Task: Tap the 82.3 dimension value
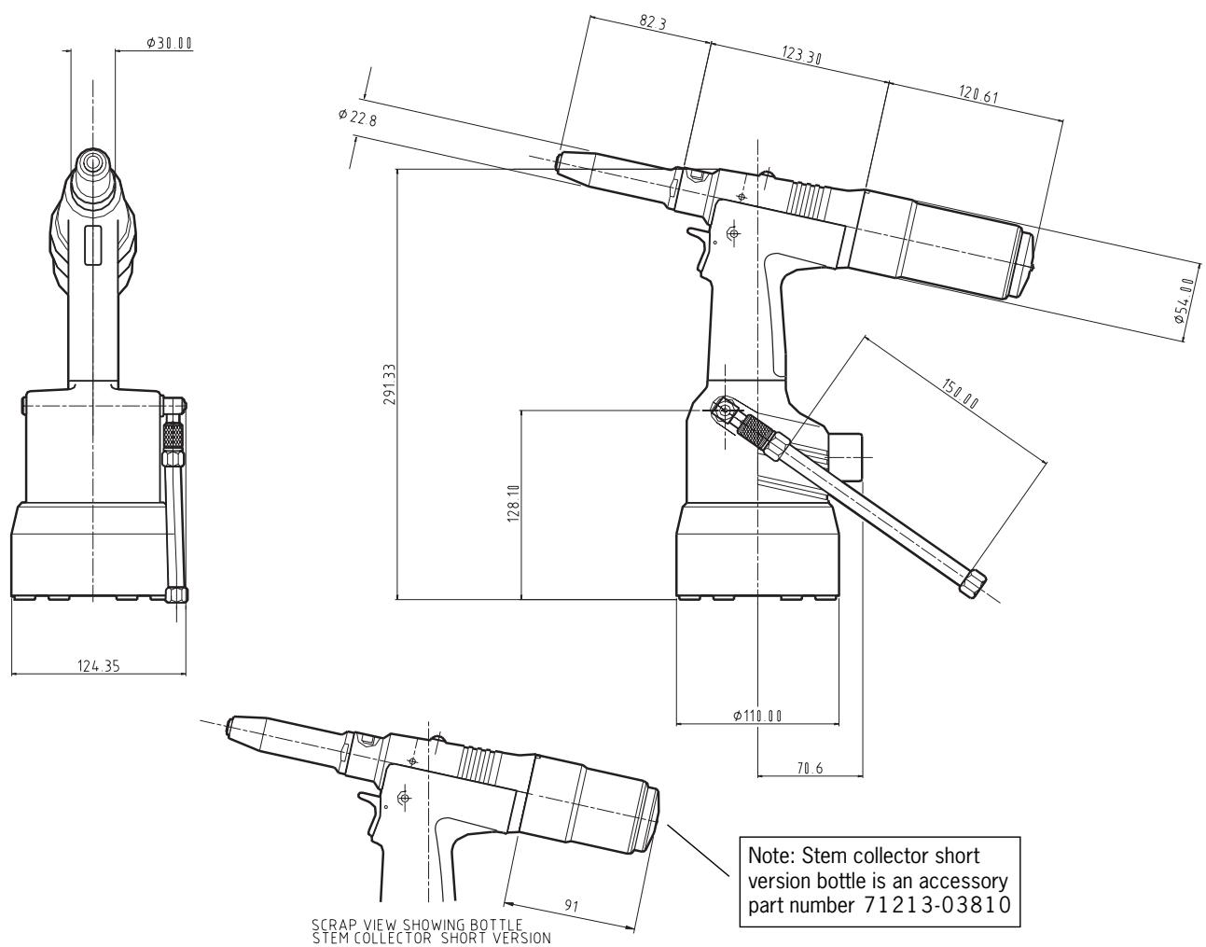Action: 653,25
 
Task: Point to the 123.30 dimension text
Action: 802,57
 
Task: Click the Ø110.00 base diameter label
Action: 756,716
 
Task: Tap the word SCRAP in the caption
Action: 332,925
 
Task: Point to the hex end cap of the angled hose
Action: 974,584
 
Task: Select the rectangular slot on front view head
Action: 92,245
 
